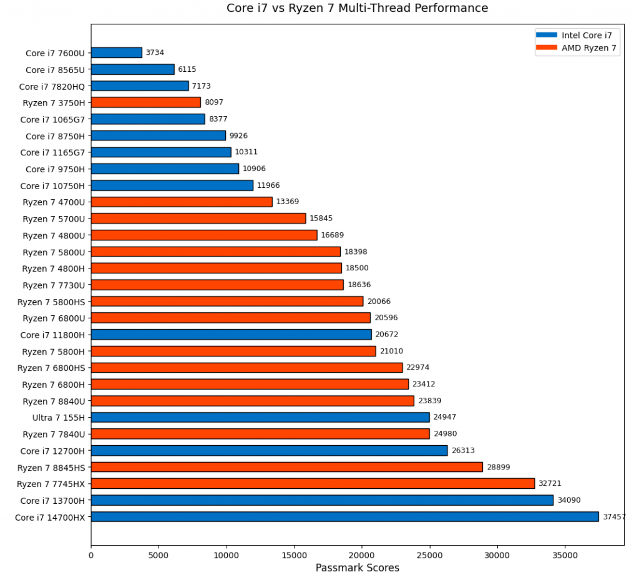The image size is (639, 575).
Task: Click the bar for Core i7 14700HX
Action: [x=344, y=516]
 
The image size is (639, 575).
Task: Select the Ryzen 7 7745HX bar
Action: [x=313, y=483]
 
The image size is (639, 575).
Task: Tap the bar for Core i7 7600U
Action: [x=117, y=53]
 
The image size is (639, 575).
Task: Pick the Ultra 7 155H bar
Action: [x=260, y=417]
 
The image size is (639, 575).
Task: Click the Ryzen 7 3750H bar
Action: [x=146, y=102]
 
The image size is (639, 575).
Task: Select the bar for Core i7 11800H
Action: [x=231, y=334]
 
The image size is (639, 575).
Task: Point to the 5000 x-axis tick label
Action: [x=159, y=553]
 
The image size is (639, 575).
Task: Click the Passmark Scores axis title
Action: [x=357, y=567]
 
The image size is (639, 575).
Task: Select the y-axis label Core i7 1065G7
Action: [x=52, y=119]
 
